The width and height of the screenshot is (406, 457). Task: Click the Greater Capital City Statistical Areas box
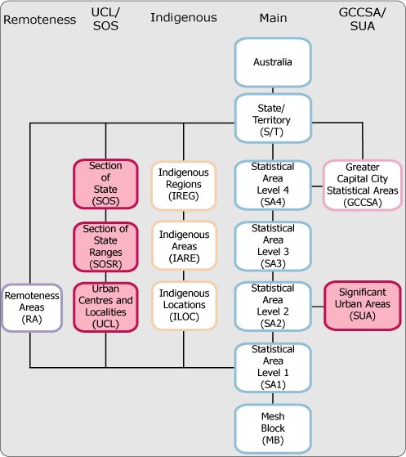coord(360,183)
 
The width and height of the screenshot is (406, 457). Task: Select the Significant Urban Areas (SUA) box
coord(360,306)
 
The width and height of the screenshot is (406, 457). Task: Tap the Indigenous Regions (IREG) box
coord(183,183)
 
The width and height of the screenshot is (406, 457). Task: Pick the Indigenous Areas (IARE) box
coord(183,244)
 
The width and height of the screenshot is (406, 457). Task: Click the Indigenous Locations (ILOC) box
coord(183,306)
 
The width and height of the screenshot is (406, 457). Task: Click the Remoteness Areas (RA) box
coord(30,306)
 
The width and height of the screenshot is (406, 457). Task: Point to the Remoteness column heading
coord(34,16)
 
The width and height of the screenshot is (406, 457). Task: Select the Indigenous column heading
coord(183,16)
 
